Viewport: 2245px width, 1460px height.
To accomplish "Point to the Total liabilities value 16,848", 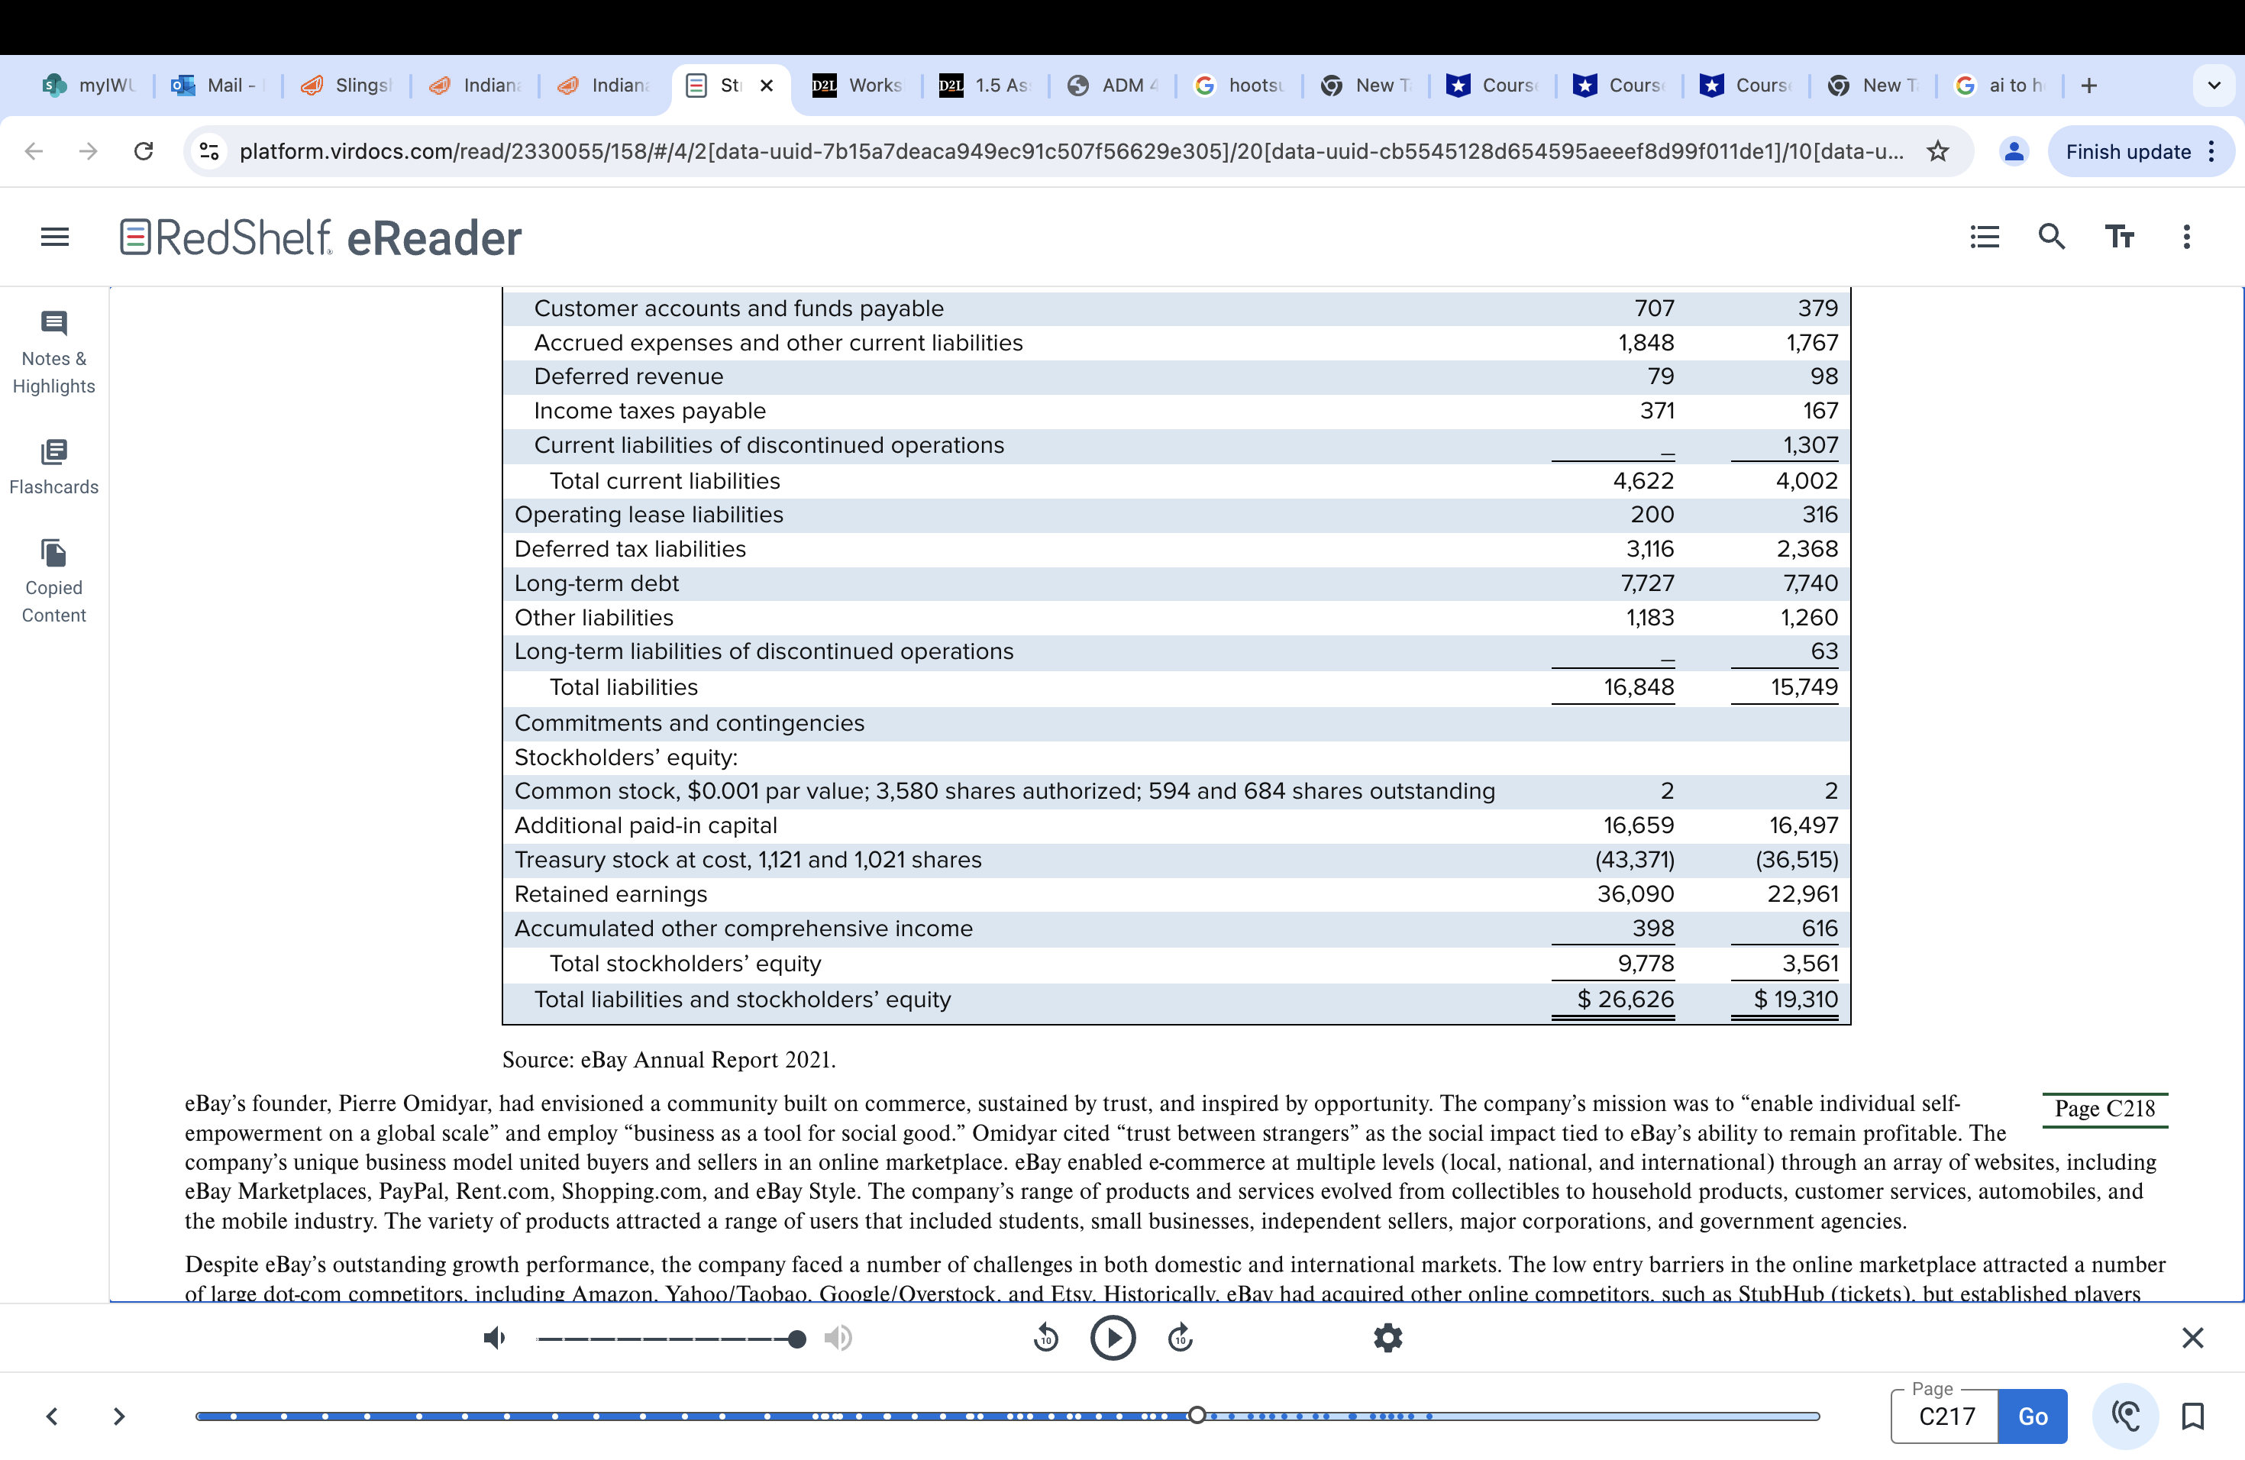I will pyautogui.click(x=1639, y=686).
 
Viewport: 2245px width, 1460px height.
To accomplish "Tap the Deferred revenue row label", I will pyautogui.click(x=628, y=376).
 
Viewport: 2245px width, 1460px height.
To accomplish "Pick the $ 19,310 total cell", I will pyautogui.click(x=1795, y=999).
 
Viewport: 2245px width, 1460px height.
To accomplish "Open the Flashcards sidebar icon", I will pyautogui.click(x=53, y=452).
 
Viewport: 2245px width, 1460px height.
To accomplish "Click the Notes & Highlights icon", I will pyautogui.click(x=53, y=324).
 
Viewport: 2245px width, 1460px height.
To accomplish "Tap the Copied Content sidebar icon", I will pyautogui.click(x=53, y=553).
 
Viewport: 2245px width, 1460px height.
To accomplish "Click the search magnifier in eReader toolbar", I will pyautogui.click(x=2051, y=237).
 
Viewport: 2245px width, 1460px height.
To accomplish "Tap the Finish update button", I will pyautogui.click(x=2127, y=152).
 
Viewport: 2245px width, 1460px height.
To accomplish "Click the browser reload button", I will pyautogui.click(x=144, y=152).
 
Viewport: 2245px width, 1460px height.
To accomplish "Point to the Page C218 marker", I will pyautogui.click(x=2104, y=1108).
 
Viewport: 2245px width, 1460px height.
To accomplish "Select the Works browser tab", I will pyautogui.click(x=858, y=85).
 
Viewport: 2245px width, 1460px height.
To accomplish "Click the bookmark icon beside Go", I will pyautogui.click(x=2192, y=1416).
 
